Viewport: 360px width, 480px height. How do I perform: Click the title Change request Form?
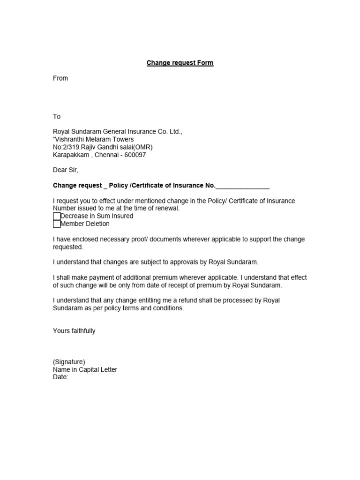click(x=180, y=63)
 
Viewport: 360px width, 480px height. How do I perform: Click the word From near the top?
click(x=60, y=78)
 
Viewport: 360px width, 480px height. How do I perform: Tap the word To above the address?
click(x=57, y=116)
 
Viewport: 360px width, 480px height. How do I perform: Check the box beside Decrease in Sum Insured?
click(x=57, y=216)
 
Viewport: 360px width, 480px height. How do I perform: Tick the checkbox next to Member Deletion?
click(x=57, y=224)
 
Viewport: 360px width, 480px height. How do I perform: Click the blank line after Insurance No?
click(x=242, y=186)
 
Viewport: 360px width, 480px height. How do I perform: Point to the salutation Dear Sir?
click(x=66, y=170)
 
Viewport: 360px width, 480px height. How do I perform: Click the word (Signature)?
click(x=69, y=362)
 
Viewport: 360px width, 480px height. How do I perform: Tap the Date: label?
click(x=60, y=377)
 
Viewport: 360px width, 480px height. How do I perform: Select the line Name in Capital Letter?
click(x=85, y=369)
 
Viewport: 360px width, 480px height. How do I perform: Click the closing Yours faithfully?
click(x=74, y=331)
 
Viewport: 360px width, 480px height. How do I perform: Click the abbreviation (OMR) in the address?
click(x=142, y=147)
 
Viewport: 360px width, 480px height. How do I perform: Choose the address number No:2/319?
click(x=67, y=147)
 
